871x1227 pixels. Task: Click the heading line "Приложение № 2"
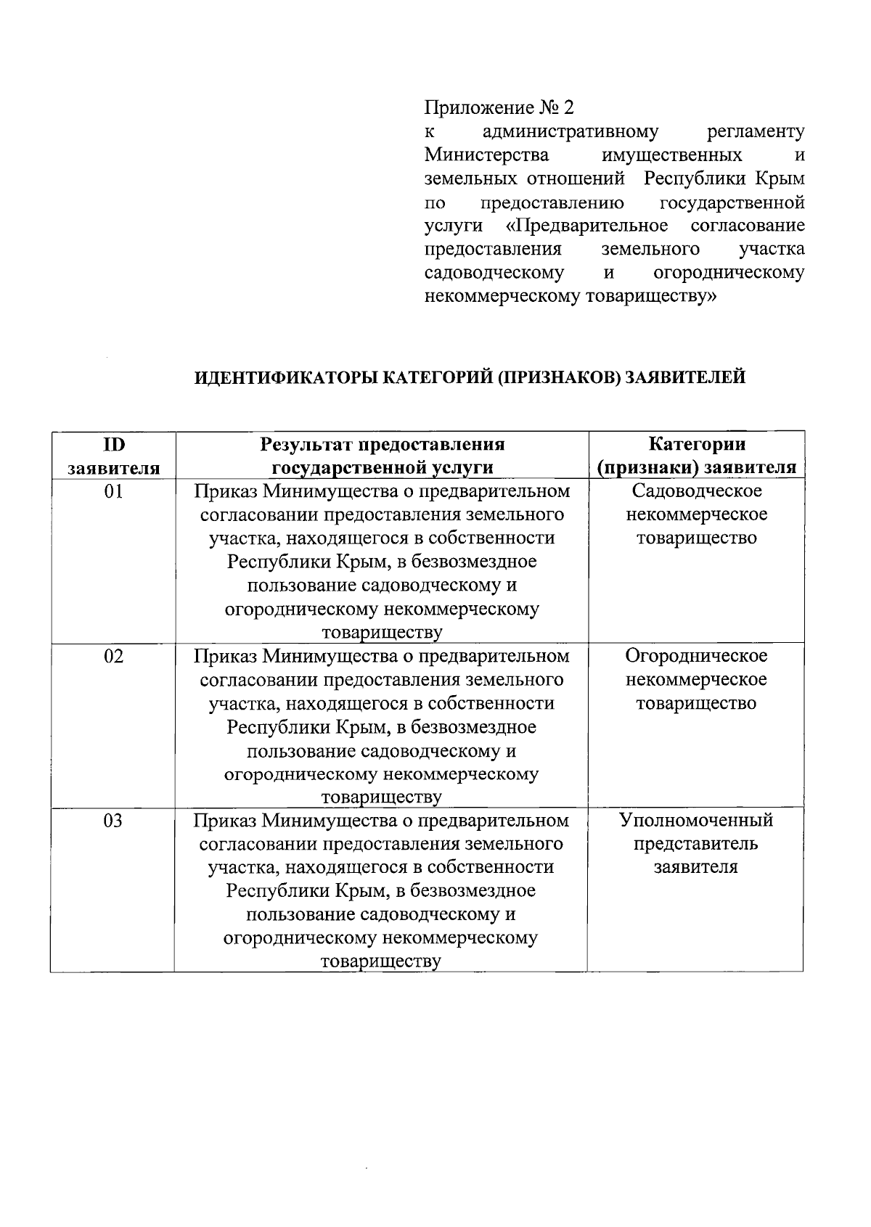499,108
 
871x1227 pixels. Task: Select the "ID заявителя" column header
113,456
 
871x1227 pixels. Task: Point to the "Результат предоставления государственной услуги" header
382,456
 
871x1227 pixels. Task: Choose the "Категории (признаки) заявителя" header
696,456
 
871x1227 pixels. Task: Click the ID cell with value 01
113,492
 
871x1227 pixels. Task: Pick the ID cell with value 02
113,657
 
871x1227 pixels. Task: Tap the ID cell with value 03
113,821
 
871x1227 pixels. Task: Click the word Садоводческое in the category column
696,491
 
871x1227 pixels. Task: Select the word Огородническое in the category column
696,656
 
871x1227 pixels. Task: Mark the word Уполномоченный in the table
696,821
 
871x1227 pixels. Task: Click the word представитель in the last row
696,844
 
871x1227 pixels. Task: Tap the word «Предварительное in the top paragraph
586,226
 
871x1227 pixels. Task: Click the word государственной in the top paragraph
733,202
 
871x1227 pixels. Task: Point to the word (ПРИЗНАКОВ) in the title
558,378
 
